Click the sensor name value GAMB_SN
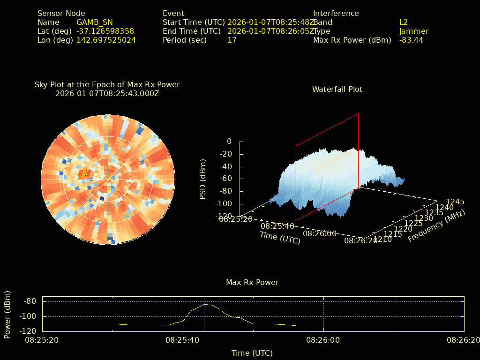pyautogui.click(x=94, y=22)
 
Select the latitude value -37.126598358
pyautogui.click(x=105, y=31)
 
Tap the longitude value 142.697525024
pyautogui.click(x=106, y=40)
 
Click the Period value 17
pyautogui.click(x=232, y=40)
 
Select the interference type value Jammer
pyautogui.click(x=413, y=31)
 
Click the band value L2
pyautogui.click(x=404, y=22)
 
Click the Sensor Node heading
pyautogui.click(x=61, y=14)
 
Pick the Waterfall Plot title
pyautogui.click(x=337, y=89)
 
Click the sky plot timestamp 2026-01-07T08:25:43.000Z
pyautogui.click(x=107, y=93)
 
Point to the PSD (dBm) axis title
pyautogui.click(x=203, y=179)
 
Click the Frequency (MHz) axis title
pyautogui.click(x=436, y=226)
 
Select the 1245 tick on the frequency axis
pyautogui.click(x=455, y=202)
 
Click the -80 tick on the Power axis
pyautogui.click(x=30, y=301)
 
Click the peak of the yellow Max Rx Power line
pyautogui.click(x=205, y=304)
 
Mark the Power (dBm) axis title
pyautogui.click(x=7, y=314)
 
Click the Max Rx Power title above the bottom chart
pyautogui.click(x=252, y=283)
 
